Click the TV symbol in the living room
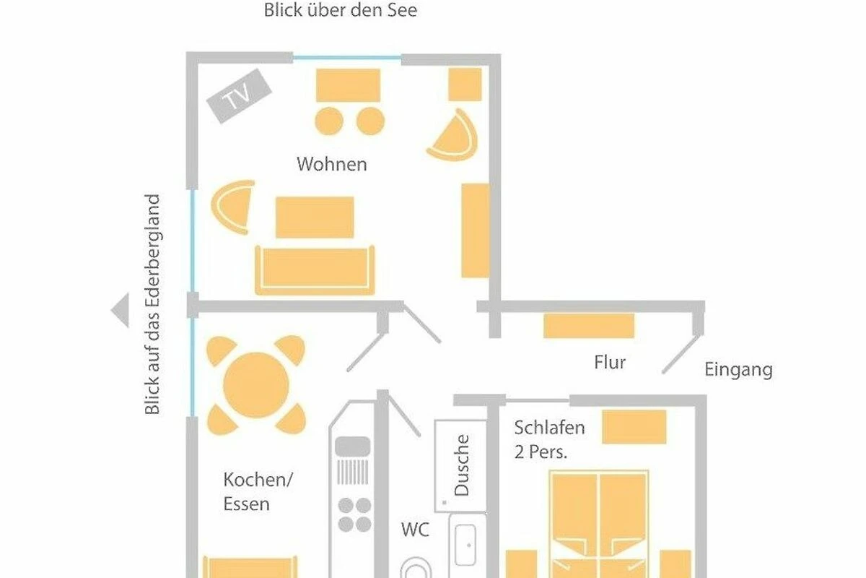coord(239,96)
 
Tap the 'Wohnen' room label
coord(332,164)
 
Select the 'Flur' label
coord(610,363)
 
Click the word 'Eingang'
coord(738,370)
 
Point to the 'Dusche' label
coord(461,465)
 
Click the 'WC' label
coord(415,530)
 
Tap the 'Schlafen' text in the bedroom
coord(549,428)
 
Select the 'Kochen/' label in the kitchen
coord(258,480)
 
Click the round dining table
coord(256,385)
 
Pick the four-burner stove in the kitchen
coord(354,515)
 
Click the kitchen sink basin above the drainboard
coord(352,446)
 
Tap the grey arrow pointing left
coord(120,310)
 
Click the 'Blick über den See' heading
coord(341,10)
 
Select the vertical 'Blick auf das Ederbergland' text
coord(152,304)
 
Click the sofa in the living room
coord(315,269)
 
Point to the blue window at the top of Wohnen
coord(347,59)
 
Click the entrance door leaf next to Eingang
coord(681,354)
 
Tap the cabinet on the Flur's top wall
coord(589,326)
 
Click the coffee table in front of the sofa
coord(315,217)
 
